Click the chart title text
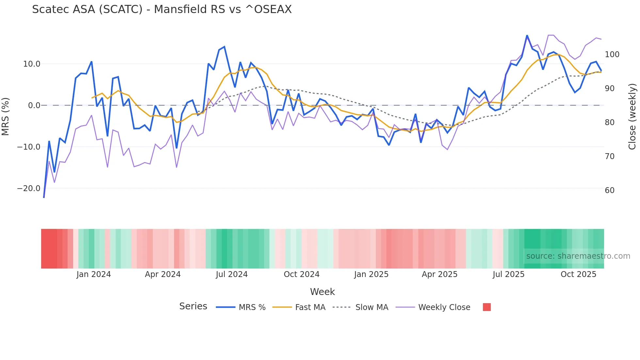[162, 9]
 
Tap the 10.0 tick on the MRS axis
[32, 64]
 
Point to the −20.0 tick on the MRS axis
[29, 188]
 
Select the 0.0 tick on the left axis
[34, 106]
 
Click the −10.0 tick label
[29, 147]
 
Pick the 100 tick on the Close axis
[612, 55]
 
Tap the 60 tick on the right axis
[610, 190]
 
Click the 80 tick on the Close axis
[610, 123]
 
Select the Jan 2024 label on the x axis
[94, 274]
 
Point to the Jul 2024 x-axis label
[232, 274]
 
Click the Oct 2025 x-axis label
[578, 274]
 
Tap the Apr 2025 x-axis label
[440, 274]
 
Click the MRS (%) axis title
[6, 117]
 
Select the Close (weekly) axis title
[632, 117]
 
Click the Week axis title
[322, 292]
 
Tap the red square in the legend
[487, 307]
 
